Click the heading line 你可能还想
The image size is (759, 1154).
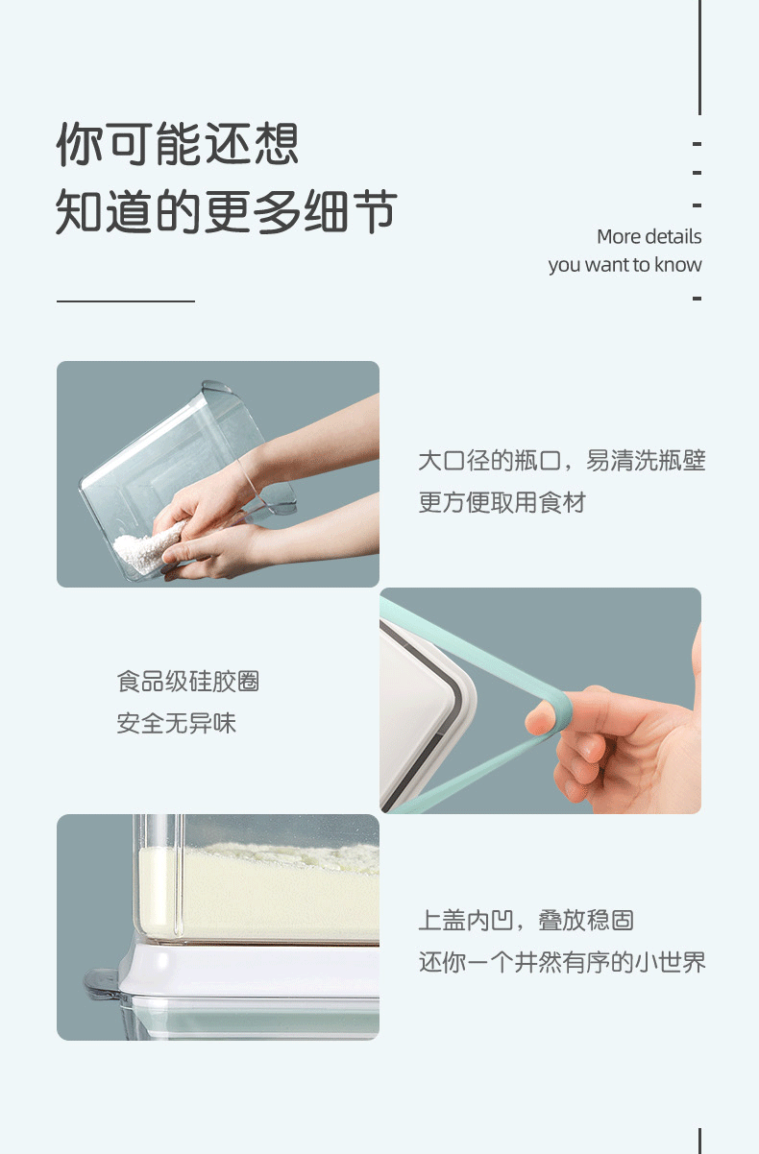pyautogui.click(x=178, y=144)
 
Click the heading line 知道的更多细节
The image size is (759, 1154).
pyautogui.click(x=227, y=211)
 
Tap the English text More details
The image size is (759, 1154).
pyautogui.click(x=649, y=236)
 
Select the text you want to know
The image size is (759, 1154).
pyautogui.click(x=624, y=265)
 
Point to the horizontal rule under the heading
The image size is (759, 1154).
pyautogui.click(x=126, y=301)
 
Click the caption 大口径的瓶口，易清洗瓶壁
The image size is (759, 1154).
pyautogui.click(x=561, y=460)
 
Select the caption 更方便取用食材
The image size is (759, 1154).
pyautogui.click(x=502, y=502)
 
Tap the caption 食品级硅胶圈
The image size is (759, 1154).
pyautogui.click(x=187, y=681)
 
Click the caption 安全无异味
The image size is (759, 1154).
pyautogui.click(x=176, y=723)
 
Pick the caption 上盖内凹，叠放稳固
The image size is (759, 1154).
pyautogui.click(x=526, y=920)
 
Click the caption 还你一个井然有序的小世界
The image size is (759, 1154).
pyautogui.click(x=561, y=962)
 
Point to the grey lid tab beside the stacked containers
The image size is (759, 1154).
pyautogui.click(x=103, y=981)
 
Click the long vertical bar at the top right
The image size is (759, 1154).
pyautogui.click(x=699, y=58)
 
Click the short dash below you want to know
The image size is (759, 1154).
pyautogui.click(x=698, y=299)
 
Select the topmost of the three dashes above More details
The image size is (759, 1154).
pyautogui.click(x=698, y=144)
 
